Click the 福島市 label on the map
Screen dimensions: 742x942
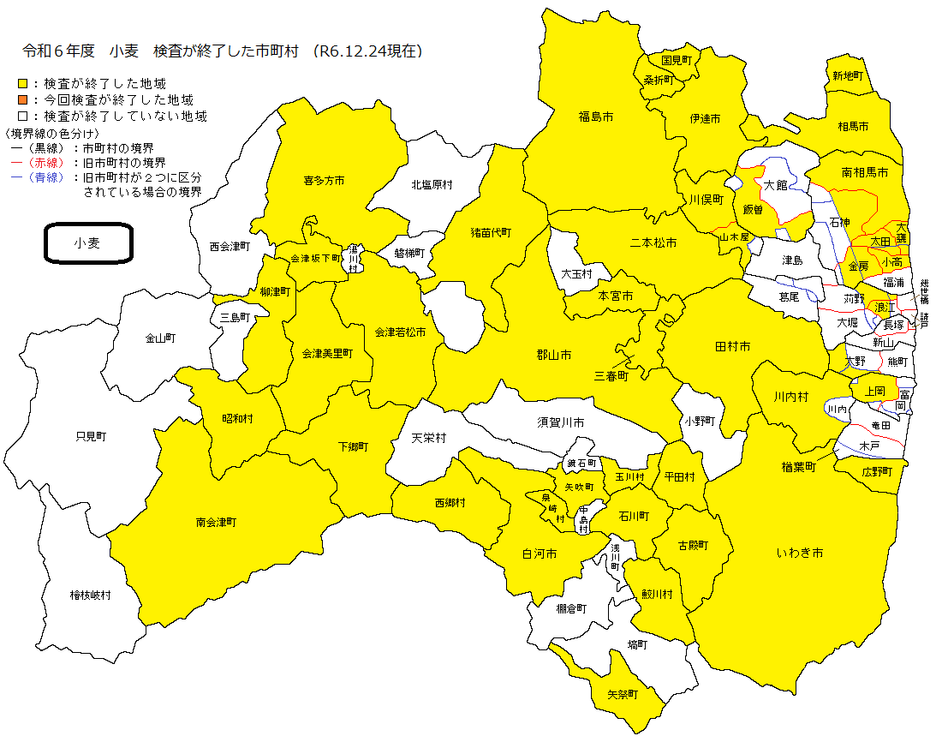[x=595, y=116]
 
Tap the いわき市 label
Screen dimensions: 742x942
[x=800, y=554]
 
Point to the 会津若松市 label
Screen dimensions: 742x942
[x=400, y=332]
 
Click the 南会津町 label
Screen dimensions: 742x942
[x=216, y=522]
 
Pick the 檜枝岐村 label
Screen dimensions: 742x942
[x=90, y=595]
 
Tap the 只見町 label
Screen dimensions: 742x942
[x=91, y=436]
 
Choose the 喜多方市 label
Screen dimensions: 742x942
[x=324, y=181]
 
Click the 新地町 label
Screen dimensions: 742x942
[x=848, y=75]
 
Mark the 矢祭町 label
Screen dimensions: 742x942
[x=623, y=694]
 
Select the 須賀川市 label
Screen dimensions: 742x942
[x=561, y=422]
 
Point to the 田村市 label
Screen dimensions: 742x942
[x=732, y=347]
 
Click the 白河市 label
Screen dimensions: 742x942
[x=540, y=554]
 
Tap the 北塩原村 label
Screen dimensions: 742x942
[x=431, y=184]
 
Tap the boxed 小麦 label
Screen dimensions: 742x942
[x=87, y=243]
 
